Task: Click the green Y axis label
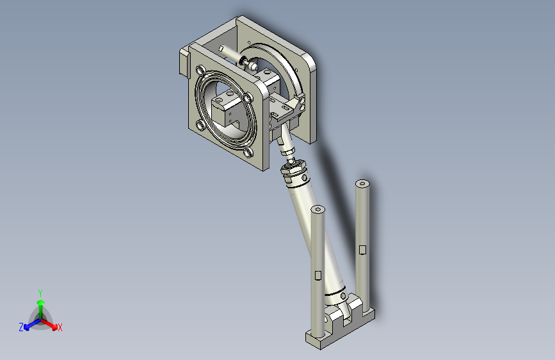(40, 293)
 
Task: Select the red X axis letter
(60, 327)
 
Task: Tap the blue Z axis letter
(21, 327)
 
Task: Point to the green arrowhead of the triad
(41, 302)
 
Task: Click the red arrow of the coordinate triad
(49, 324)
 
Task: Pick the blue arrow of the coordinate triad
(32, 324)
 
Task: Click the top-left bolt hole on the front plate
(201, 69)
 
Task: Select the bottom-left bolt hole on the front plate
(200, 125)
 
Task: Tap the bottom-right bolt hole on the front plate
(248, 153)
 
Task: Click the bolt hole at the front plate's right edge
(248, 98)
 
